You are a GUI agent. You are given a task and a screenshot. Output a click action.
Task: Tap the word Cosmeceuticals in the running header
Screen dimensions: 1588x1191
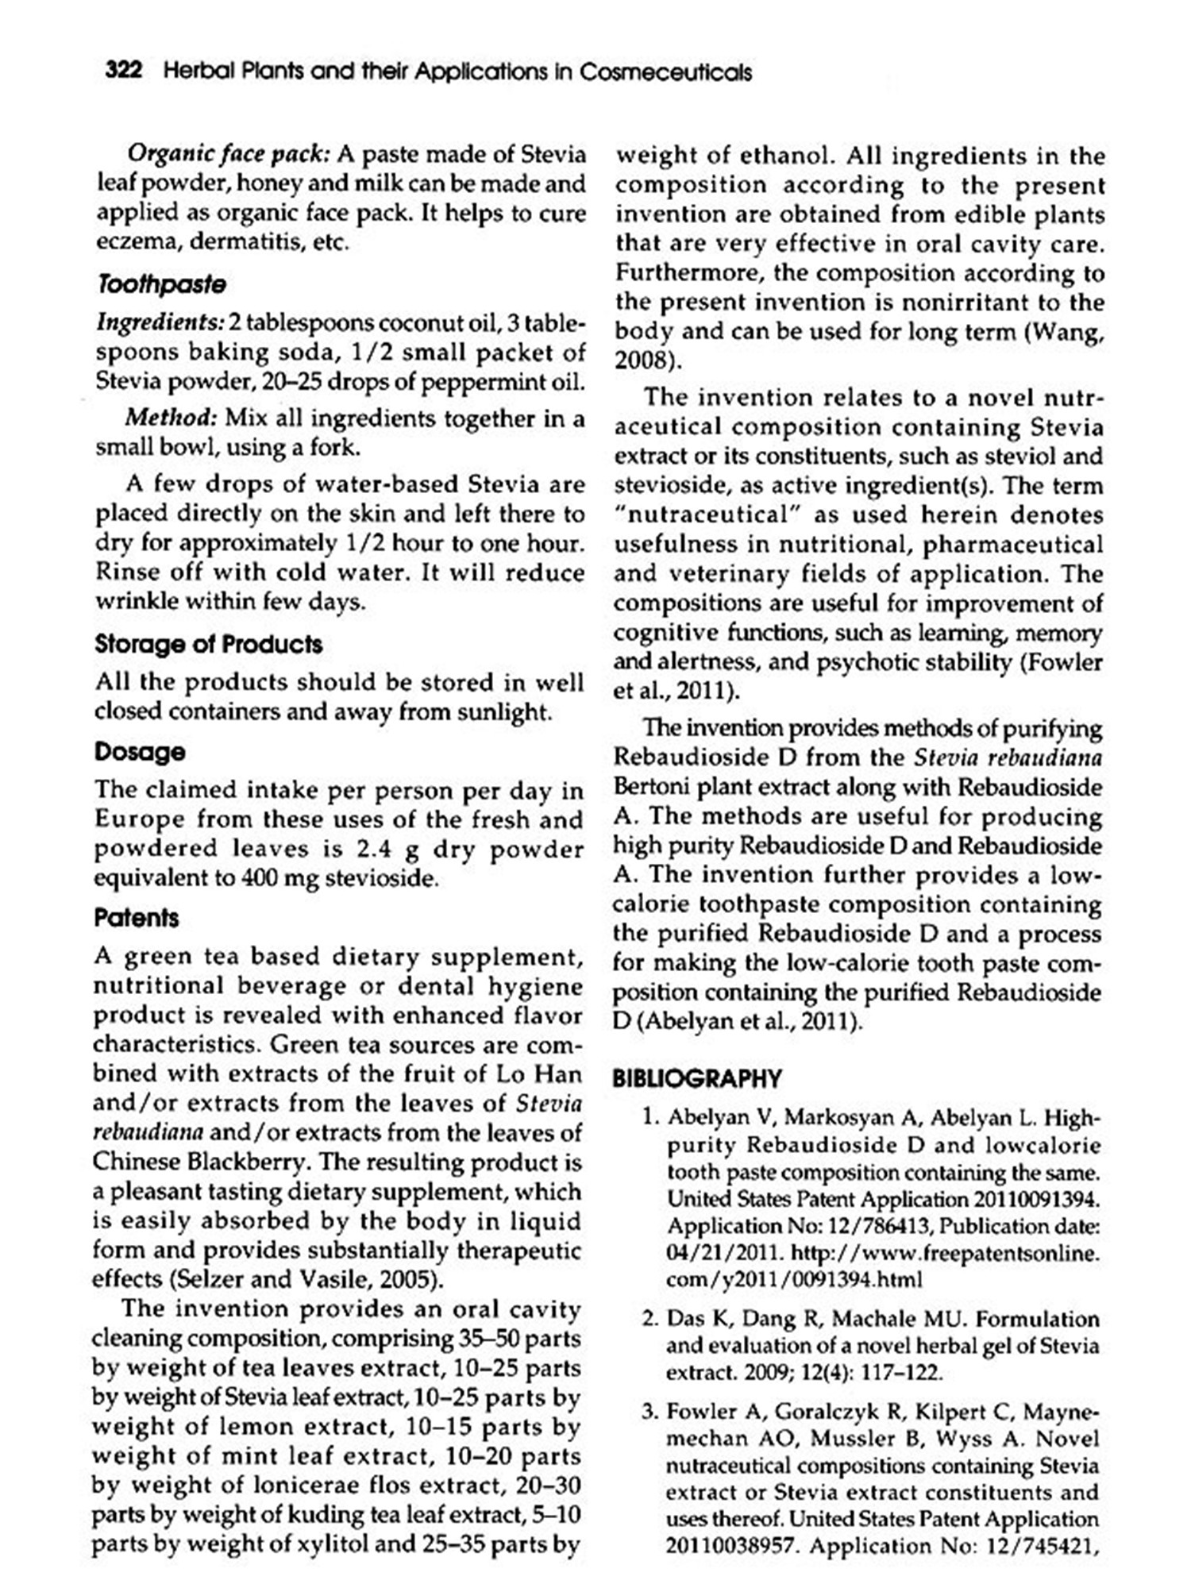pos(665,73)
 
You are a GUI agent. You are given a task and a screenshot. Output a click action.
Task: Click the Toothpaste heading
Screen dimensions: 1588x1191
pos(161,284)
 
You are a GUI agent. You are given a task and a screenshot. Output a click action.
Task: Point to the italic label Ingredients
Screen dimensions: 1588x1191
pos(160,323)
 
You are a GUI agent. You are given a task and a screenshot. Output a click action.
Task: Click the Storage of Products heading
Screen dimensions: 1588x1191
pos(208,644)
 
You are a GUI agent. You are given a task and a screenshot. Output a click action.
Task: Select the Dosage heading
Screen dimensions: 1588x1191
pos(140,751)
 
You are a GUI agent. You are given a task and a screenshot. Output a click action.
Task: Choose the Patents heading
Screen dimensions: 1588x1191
pos(136,918)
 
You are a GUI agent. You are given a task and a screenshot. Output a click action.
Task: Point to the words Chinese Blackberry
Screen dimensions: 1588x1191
pos(198,1162)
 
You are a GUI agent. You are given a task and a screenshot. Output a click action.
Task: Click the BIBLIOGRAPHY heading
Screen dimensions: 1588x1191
pos(697,1078)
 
